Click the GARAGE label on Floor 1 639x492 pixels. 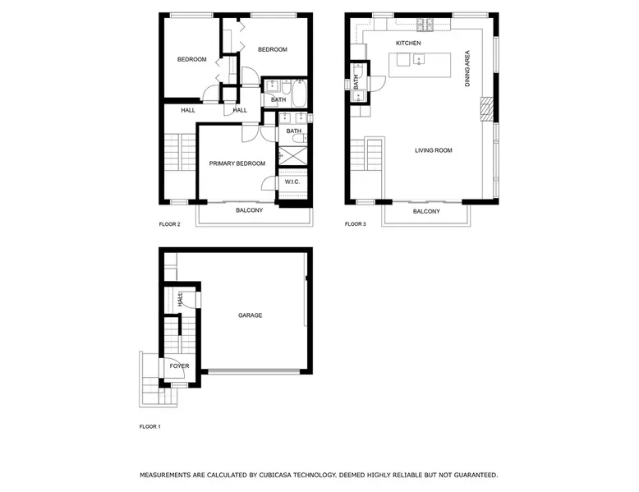[251, 315]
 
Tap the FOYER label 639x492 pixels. [179, 366]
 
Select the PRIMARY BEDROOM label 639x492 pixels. [237, 163]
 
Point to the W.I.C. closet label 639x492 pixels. [292, 182]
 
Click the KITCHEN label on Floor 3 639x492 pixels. [408, 44]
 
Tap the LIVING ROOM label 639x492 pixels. [433, 150]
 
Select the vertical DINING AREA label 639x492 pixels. [467, 68]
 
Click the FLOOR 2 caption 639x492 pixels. [169, 224]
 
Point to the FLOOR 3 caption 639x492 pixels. [356, 224]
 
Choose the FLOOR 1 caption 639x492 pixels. [150, 427]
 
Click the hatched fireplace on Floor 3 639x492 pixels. [487, 109]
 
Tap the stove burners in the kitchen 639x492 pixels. [425, 25]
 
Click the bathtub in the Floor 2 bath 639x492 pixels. [300, 94]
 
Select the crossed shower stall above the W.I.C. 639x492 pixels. [292, 156]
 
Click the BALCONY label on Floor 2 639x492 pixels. [250, 210]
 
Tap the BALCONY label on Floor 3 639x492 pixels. [426, 212]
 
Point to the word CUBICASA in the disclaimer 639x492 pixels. [275, 475]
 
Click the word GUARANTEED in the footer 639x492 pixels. [477, 475]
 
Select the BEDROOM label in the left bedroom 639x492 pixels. [192, 59]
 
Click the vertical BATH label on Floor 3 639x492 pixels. [356, 82]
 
